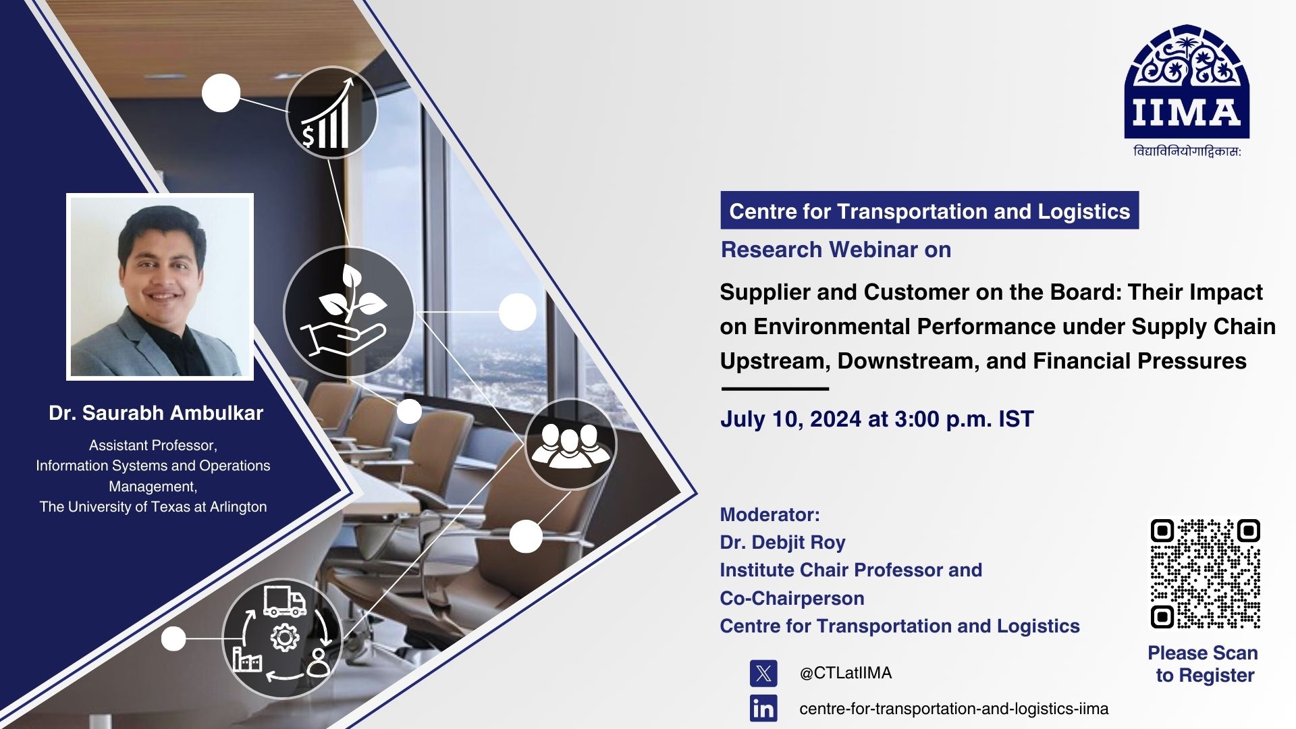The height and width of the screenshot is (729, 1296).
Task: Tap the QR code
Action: coord(1205,574)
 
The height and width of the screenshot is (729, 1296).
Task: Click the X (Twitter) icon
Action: coord(763,673)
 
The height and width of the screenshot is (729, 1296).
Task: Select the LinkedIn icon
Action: coord(763,709)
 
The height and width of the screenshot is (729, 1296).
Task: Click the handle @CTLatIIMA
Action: coord(846,673)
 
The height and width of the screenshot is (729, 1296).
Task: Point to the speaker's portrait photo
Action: coord(160,287)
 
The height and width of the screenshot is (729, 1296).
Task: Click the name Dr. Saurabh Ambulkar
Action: coord(156,413)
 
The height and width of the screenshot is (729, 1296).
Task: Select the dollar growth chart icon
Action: coord(331,113)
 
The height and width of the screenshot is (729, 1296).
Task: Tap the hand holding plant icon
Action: coord(349,312)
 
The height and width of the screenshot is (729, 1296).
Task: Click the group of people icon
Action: coord(570,444)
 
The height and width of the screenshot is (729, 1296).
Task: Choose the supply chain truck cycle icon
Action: coord(282,639)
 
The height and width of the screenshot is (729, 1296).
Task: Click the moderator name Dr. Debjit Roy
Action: coord(782,543)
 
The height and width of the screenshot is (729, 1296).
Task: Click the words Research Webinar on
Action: coord(836,250)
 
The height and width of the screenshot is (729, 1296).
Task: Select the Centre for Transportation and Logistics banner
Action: coord(929,211)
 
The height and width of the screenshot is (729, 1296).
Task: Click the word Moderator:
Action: coord(769,514)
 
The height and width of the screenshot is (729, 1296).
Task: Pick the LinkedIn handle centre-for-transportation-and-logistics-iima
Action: coord(954,709)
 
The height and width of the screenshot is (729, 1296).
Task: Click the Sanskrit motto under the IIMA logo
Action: coord(1187,152)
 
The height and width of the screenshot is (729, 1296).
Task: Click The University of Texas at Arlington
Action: coord(153,507)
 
